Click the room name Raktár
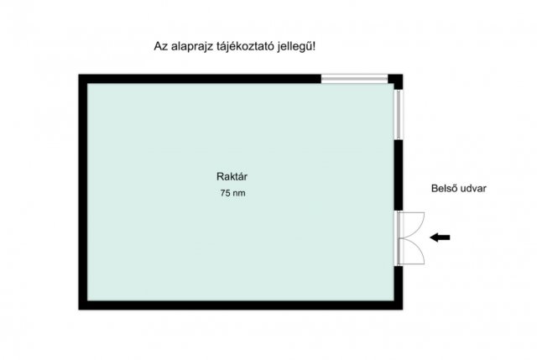(232, 176)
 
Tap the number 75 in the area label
(225, 193)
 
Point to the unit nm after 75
(238, 194)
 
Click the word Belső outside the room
(443, 188)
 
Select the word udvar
(472, 189)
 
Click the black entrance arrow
(440, 237)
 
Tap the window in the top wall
(354, 79)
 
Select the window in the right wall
(399, 114)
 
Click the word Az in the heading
(160, 46)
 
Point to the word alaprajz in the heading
(192, 47)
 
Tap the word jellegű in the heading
(295, 47)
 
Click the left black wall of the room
(83, 192)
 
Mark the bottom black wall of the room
(241, 305)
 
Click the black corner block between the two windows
(395, 82)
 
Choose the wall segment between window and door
(399, 175)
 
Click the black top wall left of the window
(200, 79)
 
